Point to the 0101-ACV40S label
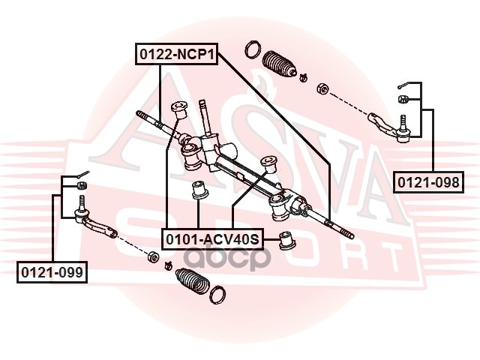click(x=211, y=239)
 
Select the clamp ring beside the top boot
click(x=253, y=52)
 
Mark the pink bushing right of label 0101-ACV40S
click(x=286, y=240)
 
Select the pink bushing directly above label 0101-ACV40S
click(x=200, y=189)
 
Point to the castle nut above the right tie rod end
click(x=402, y=100)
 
